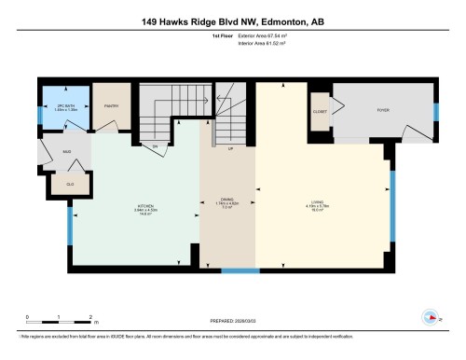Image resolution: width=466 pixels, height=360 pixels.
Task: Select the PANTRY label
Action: [x=110, y=106]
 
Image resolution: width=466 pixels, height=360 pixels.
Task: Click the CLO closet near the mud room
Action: [x=70, y=184]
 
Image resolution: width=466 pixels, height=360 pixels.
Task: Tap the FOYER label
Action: [x=382, y=107]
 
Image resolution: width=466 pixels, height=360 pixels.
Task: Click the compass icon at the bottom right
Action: [x=431, y=314]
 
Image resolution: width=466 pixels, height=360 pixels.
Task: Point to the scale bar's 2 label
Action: [x=89, y=318]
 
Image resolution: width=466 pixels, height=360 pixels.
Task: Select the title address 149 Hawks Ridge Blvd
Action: [x=233, y=21]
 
